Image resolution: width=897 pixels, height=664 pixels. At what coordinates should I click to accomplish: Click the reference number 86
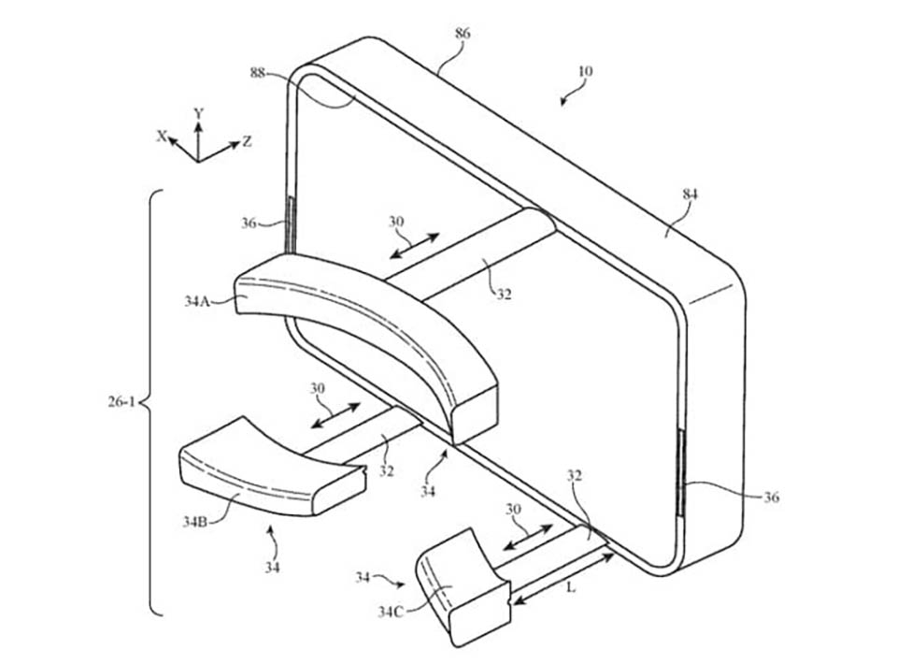point(463,34)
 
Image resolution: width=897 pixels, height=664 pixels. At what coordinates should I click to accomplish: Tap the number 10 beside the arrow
point(585,71)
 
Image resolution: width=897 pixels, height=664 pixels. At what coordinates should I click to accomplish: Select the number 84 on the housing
point(691,195)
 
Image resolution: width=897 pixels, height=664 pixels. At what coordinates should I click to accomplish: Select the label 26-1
point(121,402)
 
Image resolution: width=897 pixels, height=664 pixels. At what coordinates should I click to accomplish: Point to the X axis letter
point(162,137)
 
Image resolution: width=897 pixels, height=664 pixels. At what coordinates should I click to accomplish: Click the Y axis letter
point(198,113)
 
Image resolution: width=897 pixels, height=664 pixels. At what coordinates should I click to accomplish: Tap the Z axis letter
point(247,142)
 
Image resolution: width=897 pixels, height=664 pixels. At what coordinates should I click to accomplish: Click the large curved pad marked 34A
point(374,327)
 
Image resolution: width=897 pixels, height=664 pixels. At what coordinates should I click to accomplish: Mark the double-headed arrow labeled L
point(563,576)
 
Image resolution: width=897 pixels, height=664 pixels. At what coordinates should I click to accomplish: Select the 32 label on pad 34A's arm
point(504,292)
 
